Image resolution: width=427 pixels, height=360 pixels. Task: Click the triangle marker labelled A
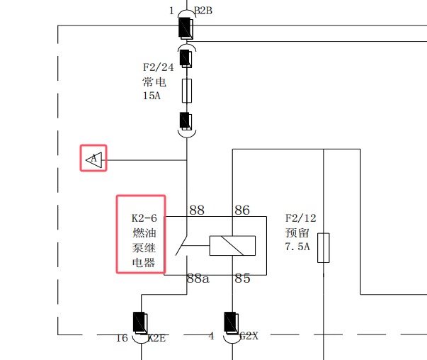[x=94, y=159]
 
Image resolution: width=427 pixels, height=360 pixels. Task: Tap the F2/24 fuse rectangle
[x=187, y=91]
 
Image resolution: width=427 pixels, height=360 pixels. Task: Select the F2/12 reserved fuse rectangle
[x=324, y=248]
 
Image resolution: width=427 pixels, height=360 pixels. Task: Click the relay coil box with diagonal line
[x=232, y=245]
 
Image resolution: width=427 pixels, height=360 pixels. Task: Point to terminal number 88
[x=197, y=210]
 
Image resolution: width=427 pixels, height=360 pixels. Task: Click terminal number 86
[x=242, y=210]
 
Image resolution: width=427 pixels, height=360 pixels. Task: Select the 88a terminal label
[x=198, y=279]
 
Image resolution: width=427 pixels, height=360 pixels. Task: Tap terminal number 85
[x=242, y=279]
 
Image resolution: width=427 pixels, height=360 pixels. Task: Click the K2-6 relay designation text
[x=144, y=218]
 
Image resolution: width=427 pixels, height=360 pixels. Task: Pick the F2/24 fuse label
[x=158, y=67]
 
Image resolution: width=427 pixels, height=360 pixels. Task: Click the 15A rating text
[x=152, y=96]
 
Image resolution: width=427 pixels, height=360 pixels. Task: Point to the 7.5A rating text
[x=297, y=247]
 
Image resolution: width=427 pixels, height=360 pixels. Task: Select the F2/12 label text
[x=301, y=218]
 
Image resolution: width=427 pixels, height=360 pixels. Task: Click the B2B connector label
[x=203, y=11]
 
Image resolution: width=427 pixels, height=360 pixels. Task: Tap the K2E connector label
[x=156, y=338]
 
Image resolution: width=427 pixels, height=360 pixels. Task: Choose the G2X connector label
[x=249, y=336]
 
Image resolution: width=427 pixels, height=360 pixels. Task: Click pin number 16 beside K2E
[x=122, y=338]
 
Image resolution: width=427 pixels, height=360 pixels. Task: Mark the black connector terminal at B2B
[x=186, y=28]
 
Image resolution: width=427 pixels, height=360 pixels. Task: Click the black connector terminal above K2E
[x=140, y=323]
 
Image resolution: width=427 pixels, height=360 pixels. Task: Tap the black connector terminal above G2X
[x=231, y=322]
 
